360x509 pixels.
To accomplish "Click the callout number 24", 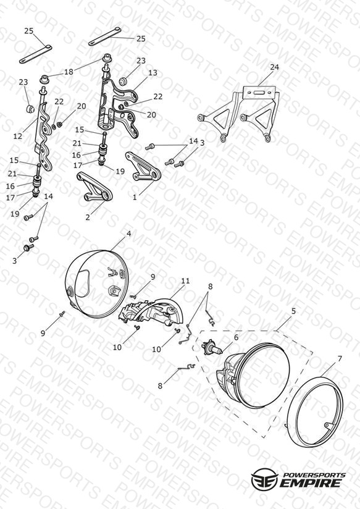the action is (x=274, y=67).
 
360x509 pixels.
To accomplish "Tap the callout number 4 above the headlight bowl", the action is (x=129, y=233).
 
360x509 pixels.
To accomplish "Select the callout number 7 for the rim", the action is (x=340, y=359).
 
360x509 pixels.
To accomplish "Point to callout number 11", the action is (x=185, y=281).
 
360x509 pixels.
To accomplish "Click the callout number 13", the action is (x=153, y=73).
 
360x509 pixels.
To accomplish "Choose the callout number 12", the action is (x=18, y=137).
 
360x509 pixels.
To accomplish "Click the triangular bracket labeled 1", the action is (x=143, y=167).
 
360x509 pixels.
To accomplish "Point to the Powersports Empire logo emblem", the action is (x=264, y=479).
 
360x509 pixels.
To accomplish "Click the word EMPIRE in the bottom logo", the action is (x=311, y=483).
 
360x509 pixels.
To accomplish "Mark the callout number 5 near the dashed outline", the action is (x=293, y=311).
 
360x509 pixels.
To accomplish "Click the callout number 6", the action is (x=236, y=337).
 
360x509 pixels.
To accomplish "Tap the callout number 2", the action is (x=88, y=217).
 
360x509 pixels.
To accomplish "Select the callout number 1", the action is (x=135, y=197).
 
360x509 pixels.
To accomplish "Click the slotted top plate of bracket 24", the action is (x=260, y=92).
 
